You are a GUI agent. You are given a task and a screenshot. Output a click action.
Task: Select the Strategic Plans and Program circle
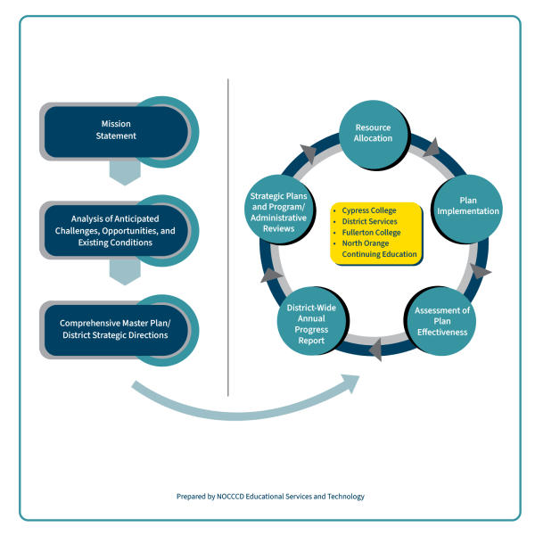[278, 210]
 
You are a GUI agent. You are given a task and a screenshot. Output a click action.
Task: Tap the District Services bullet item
[369, 222]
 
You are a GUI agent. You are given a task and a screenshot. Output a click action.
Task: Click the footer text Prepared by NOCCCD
[269, 497]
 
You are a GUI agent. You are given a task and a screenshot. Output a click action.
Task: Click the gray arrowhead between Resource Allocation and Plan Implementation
[433, 145]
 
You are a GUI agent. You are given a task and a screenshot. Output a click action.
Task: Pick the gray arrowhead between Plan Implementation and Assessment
[479, 270]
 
